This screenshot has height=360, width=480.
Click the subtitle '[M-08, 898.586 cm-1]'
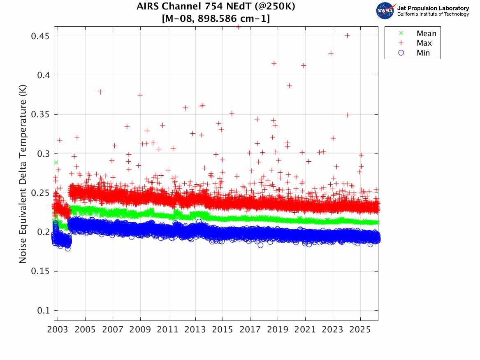point(216,19)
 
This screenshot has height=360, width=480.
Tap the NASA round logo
point(385,10)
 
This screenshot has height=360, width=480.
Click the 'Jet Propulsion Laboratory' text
point(433,8)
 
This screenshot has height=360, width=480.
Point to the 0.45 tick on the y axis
point(40,36)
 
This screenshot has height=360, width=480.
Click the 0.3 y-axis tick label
point(43,154)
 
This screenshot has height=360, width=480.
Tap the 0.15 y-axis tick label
point(40,272)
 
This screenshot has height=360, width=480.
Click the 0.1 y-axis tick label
point(43,311)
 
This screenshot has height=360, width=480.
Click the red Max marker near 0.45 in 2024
point(347,35)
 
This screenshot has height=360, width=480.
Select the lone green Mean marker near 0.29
point(56,163)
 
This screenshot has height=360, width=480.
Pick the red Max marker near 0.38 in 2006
point(100,92)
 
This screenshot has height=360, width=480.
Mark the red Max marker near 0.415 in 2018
point(274,63)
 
